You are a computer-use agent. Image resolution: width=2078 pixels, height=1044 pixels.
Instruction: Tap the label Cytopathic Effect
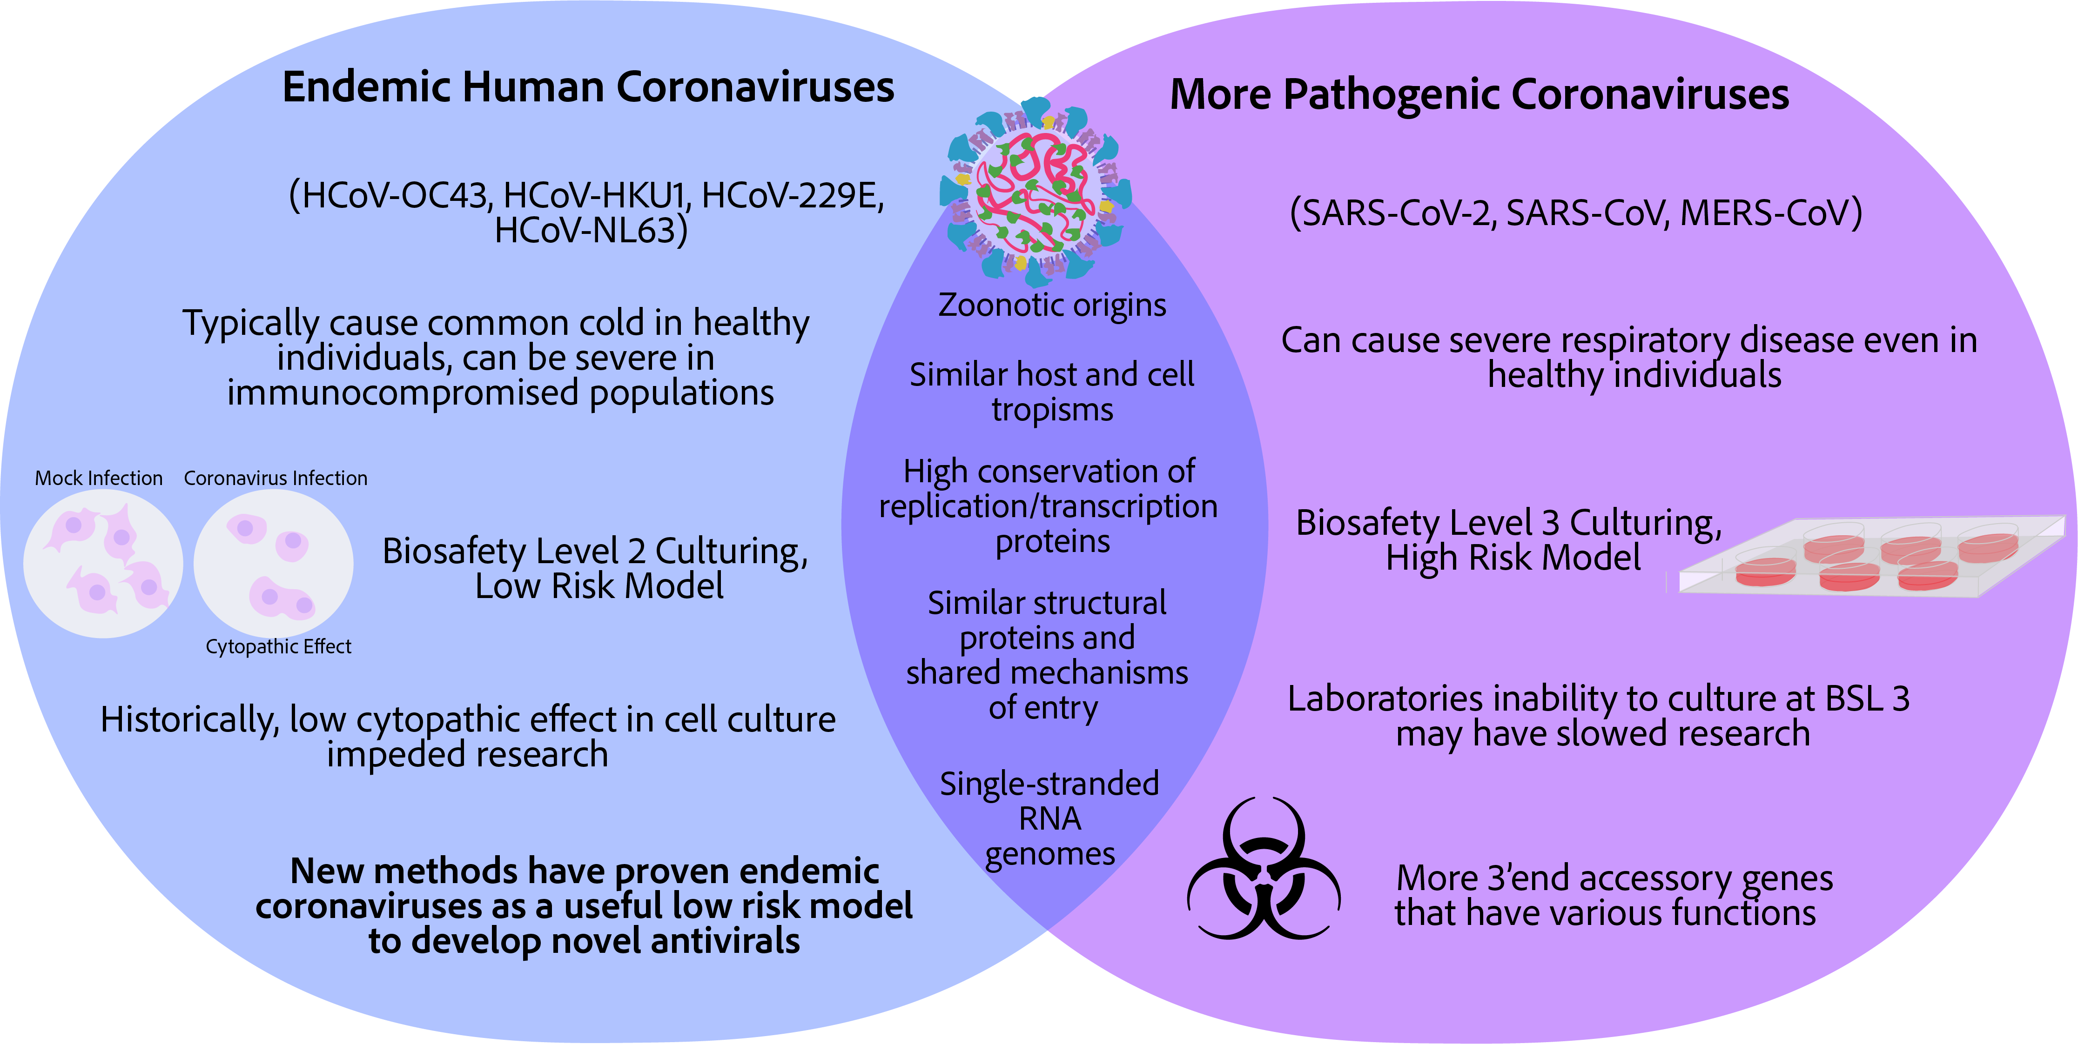[278, 646]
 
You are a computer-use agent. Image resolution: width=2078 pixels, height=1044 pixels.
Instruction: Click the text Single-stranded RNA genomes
[1049, 818]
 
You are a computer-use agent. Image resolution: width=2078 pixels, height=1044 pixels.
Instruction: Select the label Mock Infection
[98, 478]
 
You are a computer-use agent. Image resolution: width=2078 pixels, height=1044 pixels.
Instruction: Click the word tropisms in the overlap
[1052, 410]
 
